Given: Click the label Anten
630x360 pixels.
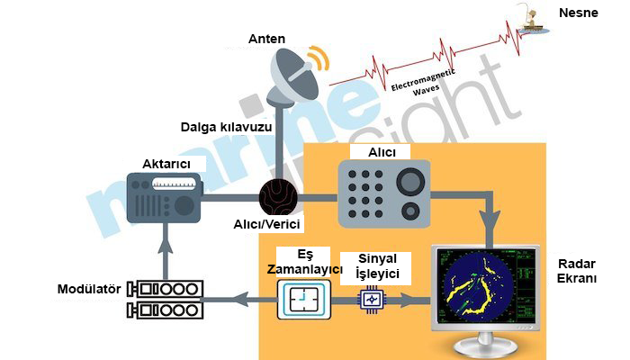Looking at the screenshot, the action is click(266, 39).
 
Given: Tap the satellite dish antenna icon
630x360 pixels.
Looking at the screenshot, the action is click(294, 77).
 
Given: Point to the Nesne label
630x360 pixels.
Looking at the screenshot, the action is click(578, 13).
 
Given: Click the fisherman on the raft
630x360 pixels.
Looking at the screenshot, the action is click(533, 19).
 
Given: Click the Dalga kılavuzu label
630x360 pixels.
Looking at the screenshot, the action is click(226, 128).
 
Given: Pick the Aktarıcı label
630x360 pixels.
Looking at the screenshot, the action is click(166, 164).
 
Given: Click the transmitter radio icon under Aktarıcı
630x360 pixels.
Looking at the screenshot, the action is click(164, 198).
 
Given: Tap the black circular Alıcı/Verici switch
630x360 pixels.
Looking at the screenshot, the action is click(278, 198).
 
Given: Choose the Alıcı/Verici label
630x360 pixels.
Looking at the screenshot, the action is click(266, 224).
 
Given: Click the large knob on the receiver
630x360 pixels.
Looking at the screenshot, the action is click(410, 182).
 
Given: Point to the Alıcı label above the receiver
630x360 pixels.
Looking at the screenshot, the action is click(382, 152).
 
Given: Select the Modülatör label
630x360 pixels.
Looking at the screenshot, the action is click(89, 289).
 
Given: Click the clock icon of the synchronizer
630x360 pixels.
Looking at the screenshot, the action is click(304, 300).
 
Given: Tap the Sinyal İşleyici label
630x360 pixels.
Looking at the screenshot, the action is click(377, 266).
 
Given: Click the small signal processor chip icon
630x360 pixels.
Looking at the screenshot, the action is click(371, 299).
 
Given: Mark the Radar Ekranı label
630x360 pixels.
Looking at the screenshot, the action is click(577, 271).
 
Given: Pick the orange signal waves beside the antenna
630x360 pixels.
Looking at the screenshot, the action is click(319, 58).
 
